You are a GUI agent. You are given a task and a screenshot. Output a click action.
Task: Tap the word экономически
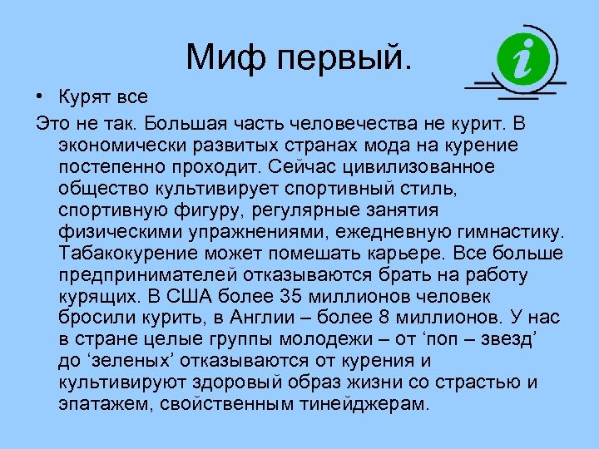click(x=116, y=146)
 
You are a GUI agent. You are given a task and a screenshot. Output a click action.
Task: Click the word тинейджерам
click(x=378, y=405)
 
